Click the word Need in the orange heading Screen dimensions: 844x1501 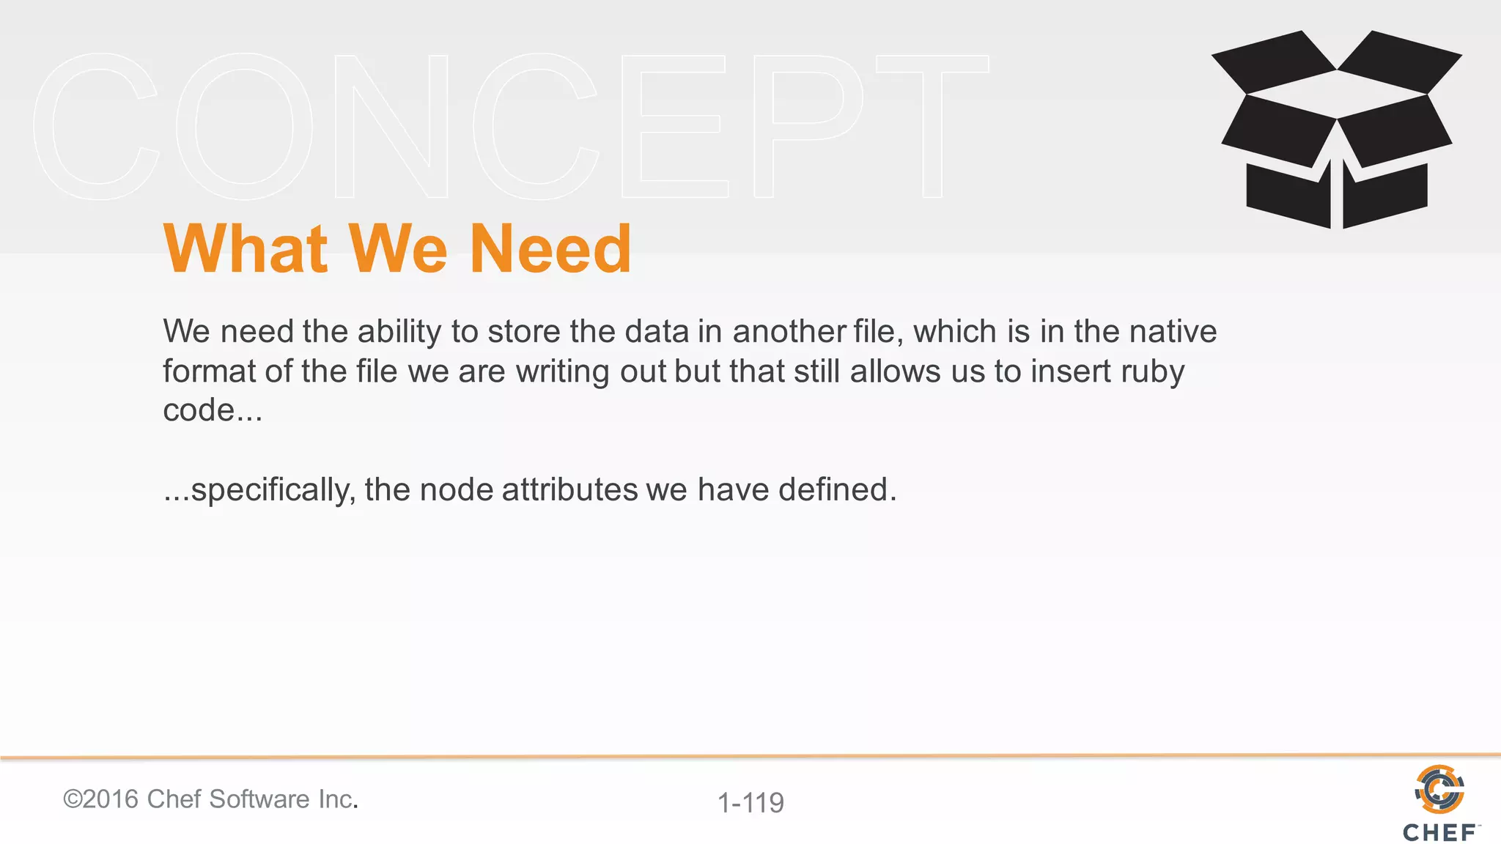550,250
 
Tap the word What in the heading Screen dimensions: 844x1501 245,250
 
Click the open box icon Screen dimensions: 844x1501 1337,130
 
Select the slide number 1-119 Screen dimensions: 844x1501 750,803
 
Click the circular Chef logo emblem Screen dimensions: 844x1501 1439,789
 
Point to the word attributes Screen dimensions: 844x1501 569,489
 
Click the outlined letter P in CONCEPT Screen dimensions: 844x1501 806,126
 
